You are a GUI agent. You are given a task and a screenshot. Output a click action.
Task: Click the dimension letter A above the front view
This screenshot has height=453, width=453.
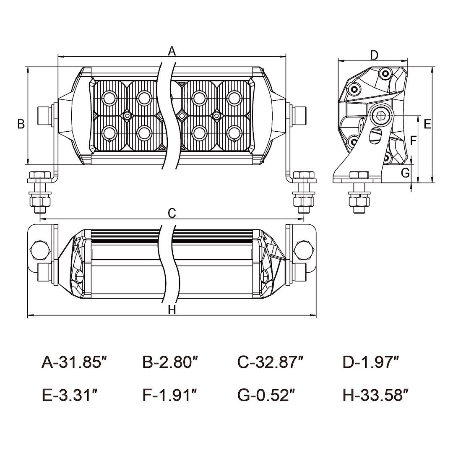pyautogui.click(x=172, y=51)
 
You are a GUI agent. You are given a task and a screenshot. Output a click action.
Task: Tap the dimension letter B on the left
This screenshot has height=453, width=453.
pyautogui.click(x=21, y=124)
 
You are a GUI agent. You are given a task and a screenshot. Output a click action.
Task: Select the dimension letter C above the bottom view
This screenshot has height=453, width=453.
pyautogui.click(x=172, y=213)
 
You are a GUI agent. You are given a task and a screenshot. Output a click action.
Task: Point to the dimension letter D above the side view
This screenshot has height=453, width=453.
pyautogui.click(x=375, y=55)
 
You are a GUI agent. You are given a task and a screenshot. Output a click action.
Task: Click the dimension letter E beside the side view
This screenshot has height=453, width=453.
pyautogui.click(x=427, y=124)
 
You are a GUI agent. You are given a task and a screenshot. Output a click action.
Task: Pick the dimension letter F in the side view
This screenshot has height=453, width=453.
pyautogui.click(x=413, y=141)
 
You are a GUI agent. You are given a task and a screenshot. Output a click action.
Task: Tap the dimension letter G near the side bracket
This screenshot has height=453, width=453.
pyautogui.click(x=405, y=172)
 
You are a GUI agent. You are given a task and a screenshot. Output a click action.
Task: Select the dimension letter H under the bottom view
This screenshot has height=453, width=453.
pyautogui.click(x=172, y=310)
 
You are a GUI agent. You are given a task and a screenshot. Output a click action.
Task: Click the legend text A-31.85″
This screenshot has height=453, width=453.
pyautogui.click(x=72, y=362)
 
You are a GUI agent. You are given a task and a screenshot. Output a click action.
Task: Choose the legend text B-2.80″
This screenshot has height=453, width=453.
pyautogui.click(x=170, y=362)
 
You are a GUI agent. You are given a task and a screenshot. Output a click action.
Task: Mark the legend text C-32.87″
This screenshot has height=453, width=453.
pyautogui.click(x=270, y=362)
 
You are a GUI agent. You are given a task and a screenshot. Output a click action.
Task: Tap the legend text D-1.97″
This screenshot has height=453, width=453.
pyautogui.click(x=370, y=362)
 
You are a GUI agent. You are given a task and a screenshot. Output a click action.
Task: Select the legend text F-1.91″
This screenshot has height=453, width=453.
pyautogui.click(x=169, y=395)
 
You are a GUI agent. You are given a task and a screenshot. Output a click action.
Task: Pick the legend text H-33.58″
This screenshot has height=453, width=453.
pyautogui.click(x=375, y=395)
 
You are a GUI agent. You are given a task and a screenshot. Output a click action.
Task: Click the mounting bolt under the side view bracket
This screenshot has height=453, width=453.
pyautogui.click(x=359, y=195)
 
